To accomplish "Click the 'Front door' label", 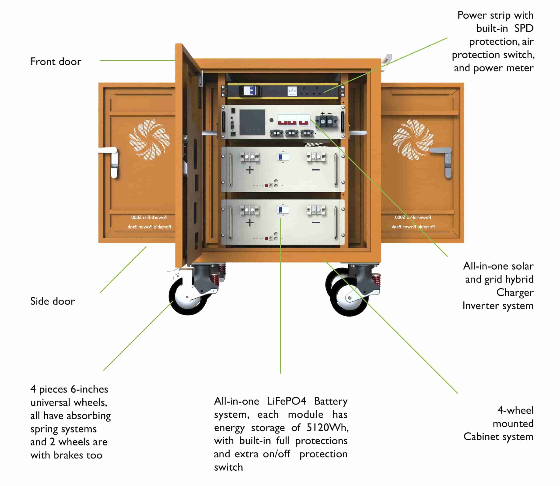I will pos(56,62).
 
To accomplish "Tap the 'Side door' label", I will pos(52,301).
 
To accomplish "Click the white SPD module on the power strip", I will pos(292,91).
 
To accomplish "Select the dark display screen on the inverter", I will pos(252,122).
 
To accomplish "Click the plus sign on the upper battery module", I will pos(249,170).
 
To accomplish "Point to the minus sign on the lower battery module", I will pos(316,222).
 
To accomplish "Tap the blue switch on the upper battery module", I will pos(283,157).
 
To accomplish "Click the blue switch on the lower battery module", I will pos(283,210).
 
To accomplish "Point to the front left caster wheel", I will pos(188,297).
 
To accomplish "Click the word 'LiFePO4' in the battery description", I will pos(286,401).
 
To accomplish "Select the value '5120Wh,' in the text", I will pos(327,428).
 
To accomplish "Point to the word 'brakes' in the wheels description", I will pos(68,455).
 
